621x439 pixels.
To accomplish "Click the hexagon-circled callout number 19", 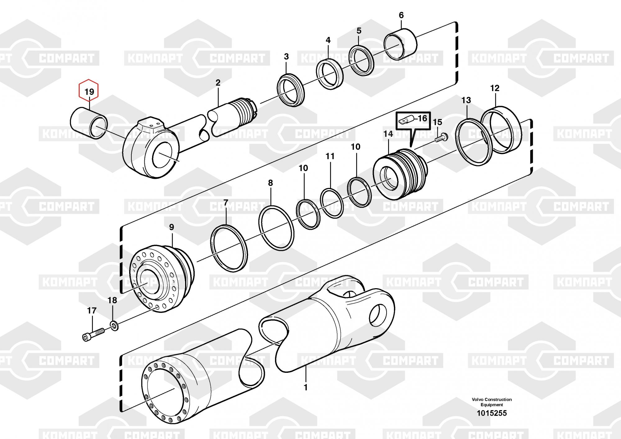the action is click(89, 92).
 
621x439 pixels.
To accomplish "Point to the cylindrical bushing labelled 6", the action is click(401, 44).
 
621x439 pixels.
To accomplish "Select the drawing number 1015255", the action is click(492, 413).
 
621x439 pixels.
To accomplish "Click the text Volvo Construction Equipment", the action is click(492, 402).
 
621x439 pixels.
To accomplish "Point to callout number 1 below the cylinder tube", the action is click(306, 387).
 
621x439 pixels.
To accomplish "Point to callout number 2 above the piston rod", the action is click(218, 83).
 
